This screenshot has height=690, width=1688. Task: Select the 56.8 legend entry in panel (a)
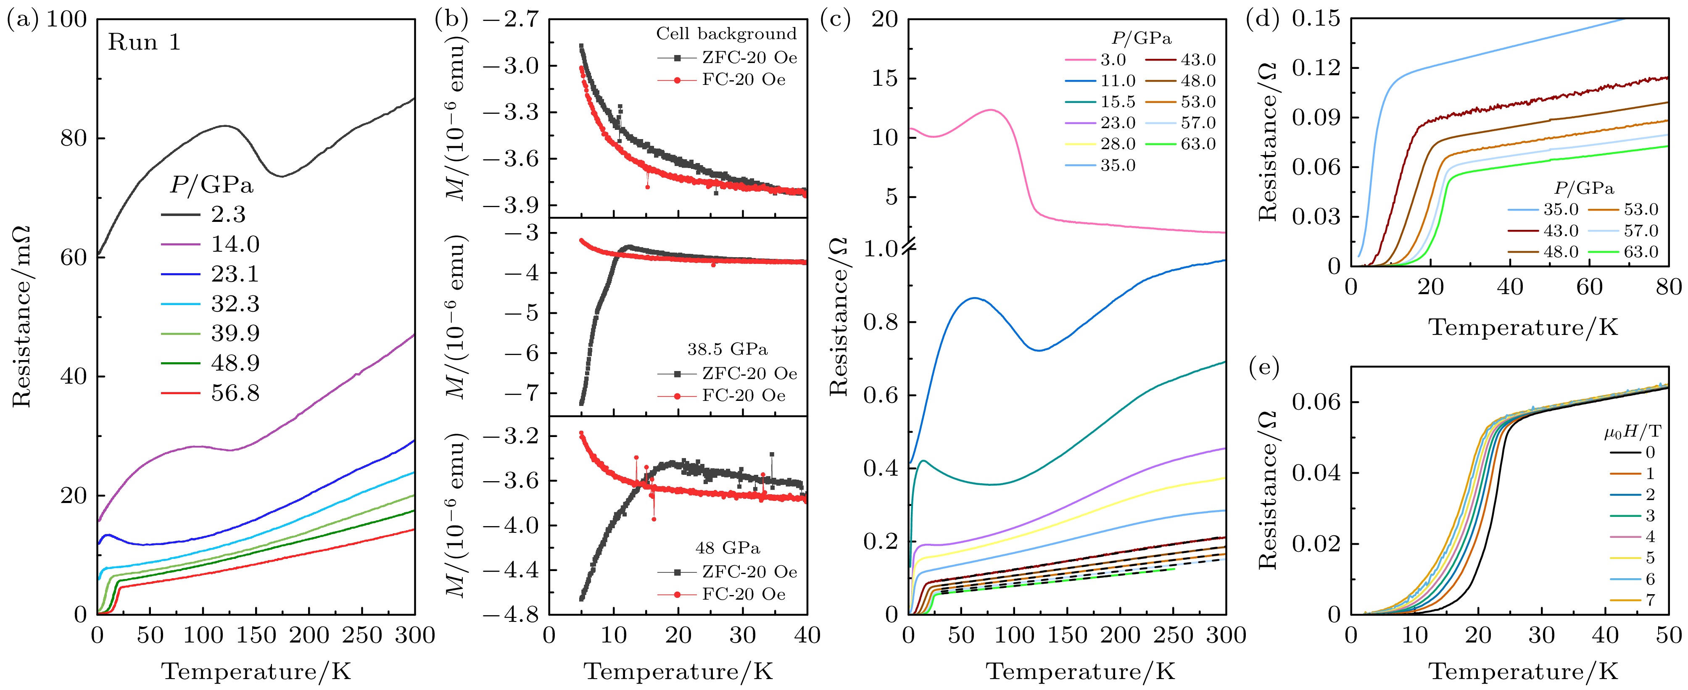click(235, 393)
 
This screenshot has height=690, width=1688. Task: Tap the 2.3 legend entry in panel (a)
click(228, 215)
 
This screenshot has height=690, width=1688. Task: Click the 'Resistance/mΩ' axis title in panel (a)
click(21, 314)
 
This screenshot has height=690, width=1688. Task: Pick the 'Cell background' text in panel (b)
click(726, 34)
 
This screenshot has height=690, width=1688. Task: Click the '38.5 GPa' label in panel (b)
click(727, 349)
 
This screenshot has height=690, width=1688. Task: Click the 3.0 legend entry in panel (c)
click(1113, 60)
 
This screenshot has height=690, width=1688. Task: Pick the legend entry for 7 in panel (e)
click(1649, 600)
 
